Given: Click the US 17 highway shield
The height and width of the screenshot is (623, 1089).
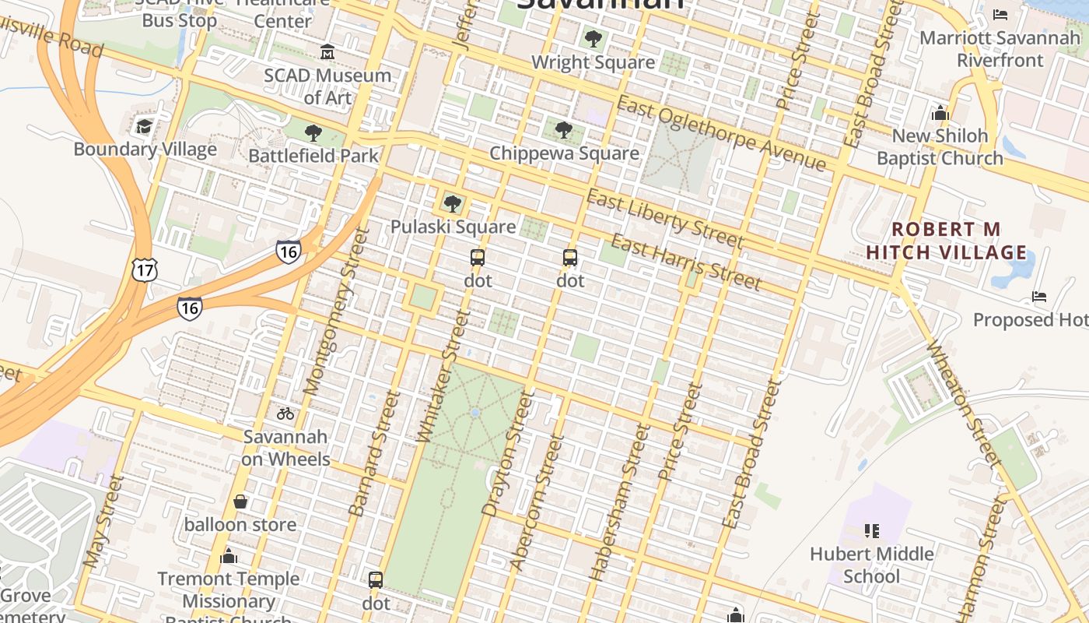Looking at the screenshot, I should pyautogui.click(x=145, y=269).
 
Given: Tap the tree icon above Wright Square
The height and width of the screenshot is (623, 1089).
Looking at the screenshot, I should pyautogui.click(x=593, y=38).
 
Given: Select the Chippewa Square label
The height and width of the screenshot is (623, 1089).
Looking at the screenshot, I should pyautogui.click(x=564, y=153).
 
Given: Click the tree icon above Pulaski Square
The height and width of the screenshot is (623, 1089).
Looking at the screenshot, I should pyautogui.click(x=452, y=204).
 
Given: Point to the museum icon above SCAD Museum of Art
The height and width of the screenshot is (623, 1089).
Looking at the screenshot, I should pyautogui.click(x=327, y=52).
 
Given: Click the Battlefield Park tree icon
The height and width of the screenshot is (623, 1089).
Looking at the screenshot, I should pyautogui.click(x=313, y=133).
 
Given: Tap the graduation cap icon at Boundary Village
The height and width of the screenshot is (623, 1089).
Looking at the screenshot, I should pyautogui.click(x=144, y=126).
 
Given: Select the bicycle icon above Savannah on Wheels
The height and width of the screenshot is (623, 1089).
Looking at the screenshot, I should pyautogui.click(x=285, y=414).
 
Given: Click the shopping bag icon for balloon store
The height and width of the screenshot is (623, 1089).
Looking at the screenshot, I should pyautogui.click(x=240, y=502).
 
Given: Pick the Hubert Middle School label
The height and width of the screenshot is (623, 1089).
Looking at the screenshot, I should pyautogui.click(x=871, y=565).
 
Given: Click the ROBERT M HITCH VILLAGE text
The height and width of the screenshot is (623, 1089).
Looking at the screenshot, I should pyautogui.click(x=946, y=241).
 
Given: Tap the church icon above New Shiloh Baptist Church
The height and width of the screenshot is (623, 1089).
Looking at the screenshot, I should pyautogui.click(x=940, y=113).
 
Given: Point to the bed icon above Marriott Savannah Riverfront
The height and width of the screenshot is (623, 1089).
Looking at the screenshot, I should pyautogui.click(x=1000, y=15).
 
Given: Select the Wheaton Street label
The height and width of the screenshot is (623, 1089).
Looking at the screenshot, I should pyautogui.click(x=962, y=405).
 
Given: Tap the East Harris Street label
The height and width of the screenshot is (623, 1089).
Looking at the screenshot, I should pyautogui.click(x=685, y=261).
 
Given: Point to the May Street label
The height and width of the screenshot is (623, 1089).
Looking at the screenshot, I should pyautogui.click(x=103, y=520).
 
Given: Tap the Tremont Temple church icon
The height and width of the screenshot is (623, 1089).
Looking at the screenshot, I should pyautogui.click(x=229, y=556).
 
